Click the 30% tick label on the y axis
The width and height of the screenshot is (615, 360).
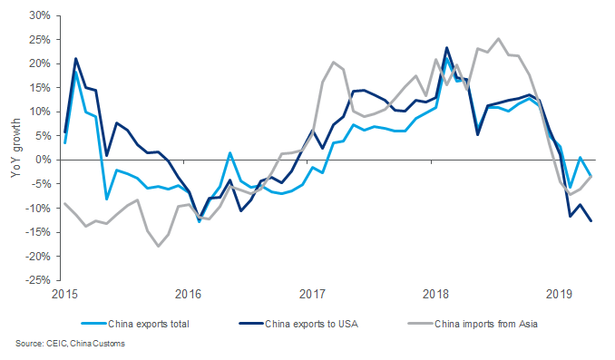point(37,15)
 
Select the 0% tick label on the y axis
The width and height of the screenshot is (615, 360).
point(41,160)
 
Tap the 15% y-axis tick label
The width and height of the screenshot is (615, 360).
point(37,88)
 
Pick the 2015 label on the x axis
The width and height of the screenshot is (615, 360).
point(64,294)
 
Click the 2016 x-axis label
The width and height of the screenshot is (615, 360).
point(188,294)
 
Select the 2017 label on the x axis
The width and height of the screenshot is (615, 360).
point(312,294)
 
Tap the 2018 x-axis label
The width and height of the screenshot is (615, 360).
point(436,294)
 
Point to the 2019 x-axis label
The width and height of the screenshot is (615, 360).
point(560,294)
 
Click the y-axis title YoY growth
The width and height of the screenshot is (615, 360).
point(12,148)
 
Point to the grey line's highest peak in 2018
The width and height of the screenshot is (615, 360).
point(498,39)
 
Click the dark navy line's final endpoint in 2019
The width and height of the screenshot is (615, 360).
point(591,220)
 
